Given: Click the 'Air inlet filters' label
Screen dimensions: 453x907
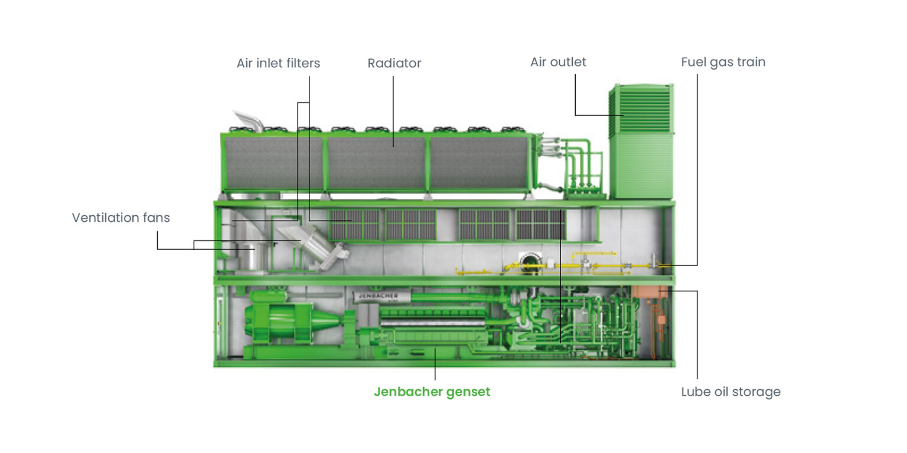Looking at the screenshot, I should coord(278,63).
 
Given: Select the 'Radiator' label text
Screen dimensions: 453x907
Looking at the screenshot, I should coord(394,63).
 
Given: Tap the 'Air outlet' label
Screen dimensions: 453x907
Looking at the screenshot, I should coord(557,62).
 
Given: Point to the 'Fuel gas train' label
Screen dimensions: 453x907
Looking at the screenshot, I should coord(723,62).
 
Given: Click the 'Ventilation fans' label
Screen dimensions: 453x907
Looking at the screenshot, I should coord(120,218).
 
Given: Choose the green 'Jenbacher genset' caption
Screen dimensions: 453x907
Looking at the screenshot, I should coord(432,392).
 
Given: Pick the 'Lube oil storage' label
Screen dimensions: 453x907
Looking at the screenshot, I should coord(730,392).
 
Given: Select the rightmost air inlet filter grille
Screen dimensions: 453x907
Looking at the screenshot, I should coord(540,224).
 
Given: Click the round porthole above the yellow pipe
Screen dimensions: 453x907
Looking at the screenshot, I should coord(526,258).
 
